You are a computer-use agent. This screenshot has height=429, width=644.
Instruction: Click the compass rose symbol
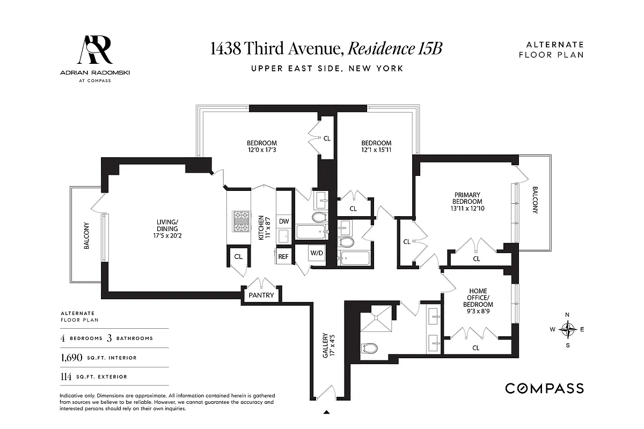tap(567, 329)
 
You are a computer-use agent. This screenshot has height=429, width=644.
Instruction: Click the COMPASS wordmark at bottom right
tap(544, 388)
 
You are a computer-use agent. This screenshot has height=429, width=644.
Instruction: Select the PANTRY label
tap(261, 295)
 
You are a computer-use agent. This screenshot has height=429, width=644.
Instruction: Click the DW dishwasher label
tap(284, 221)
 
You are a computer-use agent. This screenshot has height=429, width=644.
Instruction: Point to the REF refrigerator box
tap(283, 256)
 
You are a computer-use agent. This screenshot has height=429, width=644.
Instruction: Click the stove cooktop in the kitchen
tap(241, 221)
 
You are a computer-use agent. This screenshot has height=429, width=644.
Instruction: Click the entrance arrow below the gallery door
tap(326, 412)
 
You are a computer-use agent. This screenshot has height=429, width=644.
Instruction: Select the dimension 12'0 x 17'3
tap(261, 151)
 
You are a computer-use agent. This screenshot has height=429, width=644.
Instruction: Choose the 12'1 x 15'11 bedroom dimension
tap(376, 151)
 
